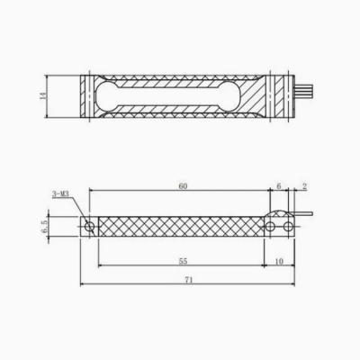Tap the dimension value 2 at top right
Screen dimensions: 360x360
[304, 185]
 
